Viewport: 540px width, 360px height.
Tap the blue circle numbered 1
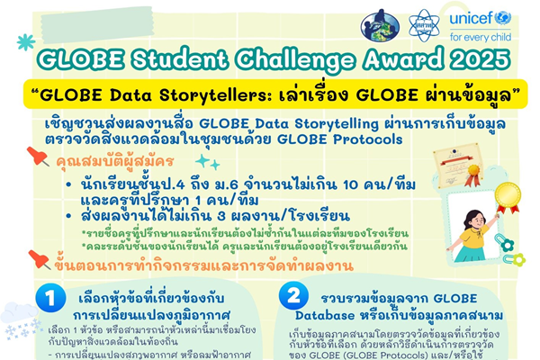(x=54, y=297)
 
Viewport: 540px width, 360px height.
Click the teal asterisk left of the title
(x=25, y=41)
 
